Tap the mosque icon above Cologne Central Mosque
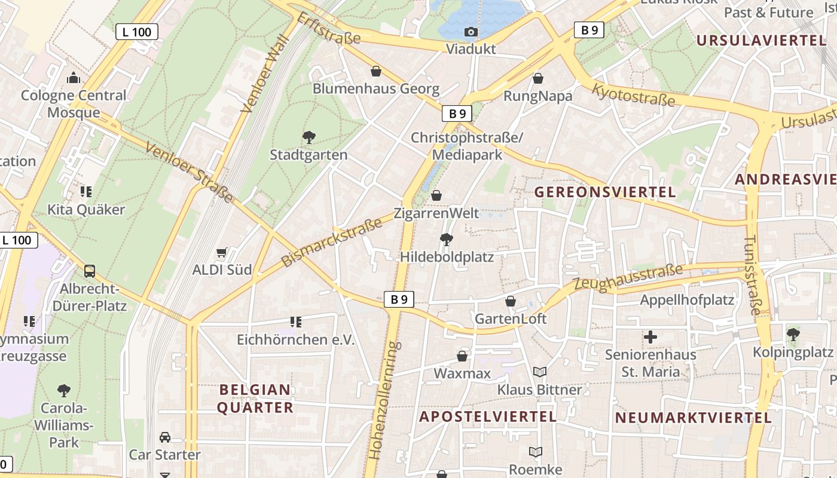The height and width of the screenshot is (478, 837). (74, 78)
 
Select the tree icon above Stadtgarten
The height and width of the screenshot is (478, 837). (308, 137)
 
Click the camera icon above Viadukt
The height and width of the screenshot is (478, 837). (471, 32)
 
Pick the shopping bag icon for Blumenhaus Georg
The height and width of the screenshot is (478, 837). (376, 72)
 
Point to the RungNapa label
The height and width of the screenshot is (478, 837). (537, 96)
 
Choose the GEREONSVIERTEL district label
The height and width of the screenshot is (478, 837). (605, 192)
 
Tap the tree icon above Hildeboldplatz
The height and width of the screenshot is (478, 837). (446, 240)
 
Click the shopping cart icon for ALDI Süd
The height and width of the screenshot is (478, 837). (222, 253)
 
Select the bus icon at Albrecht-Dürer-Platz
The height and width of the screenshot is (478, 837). (90, 271)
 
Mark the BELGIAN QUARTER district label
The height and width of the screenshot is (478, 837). (255, 399)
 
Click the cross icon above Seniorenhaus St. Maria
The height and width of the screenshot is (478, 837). (650, 337)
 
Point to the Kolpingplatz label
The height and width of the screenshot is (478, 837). (793, 352)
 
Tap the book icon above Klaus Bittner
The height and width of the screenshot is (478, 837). (540, 372)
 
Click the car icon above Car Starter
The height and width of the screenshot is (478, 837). (165, 437)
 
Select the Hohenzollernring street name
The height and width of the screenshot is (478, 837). (383, 400)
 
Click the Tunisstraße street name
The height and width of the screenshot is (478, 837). (753, 275)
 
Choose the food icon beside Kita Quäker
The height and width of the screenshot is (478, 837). (86, 192)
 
